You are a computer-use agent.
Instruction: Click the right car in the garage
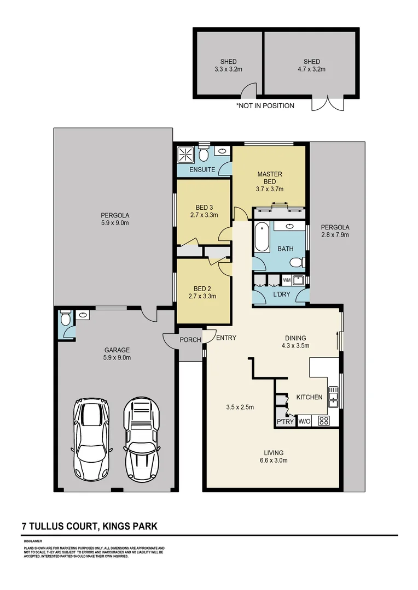141,438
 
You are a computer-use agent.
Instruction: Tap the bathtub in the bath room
261,237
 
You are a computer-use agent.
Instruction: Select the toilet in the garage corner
65,317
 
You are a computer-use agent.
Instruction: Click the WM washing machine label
286,280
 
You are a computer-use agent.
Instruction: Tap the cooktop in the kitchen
323,421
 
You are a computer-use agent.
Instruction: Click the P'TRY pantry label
285,421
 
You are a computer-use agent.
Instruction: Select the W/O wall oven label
304,421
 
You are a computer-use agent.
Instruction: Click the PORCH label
191,340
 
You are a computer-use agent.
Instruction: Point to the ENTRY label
226,338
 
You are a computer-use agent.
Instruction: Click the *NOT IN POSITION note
265,105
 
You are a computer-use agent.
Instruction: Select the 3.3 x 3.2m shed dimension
228,69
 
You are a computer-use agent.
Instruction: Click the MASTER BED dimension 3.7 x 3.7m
269,189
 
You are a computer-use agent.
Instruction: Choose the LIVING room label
273,452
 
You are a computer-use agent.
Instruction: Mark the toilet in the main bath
297,263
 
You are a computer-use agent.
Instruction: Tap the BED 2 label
202,288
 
